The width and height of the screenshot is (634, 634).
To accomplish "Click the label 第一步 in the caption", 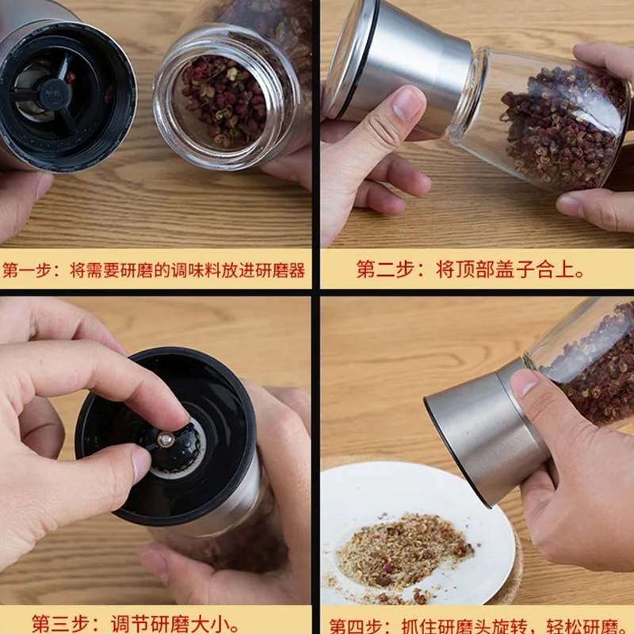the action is [x=28, y=270].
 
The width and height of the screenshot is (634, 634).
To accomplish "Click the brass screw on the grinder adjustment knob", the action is [x=166, y=440].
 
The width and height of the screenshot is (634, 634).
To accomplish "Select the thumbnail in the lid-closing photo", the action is [x=407, y=102].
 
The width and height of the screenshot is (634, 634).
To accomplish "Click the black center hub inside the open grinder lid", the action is [x=55, y=94].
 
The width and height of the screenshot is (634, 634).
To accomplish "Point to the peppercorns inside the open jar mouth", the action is [x=223, y=101].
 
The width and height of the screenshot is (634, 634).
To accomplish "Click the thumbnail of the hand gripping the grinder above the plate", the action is [x=525, y=383].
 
